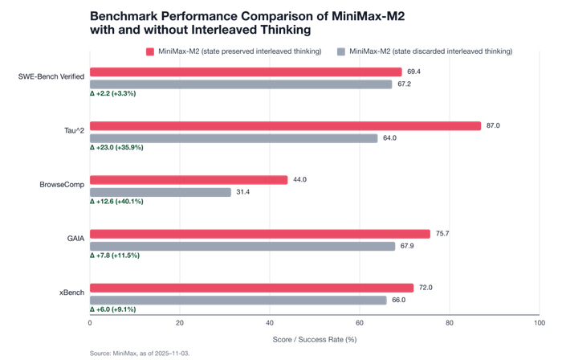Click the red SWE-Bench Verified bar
tap(246, 72)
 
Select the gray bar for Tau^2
tap(234, 138)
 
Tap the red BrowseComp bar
tap(189, 180)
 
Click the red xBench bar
tap(251, 288)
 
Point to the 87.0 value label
tap(491, 126)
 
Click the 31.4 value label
tap(242, 192)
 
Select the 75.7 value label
tap(441, 234)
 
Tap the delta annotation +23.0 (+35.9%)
tap(116, 148)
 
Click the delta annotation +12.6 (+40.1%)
tap(116, 202)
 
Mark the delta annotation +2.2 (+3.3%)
tap(113, 94)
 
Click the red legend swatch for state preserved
tap(150, 51)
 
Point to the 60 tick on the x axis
tap(360, 323)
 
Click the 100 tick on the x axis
tap(540, 323)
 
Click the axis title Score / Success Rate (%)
tap(315, 339)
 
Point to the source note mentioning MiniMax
tap(140, 353)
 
